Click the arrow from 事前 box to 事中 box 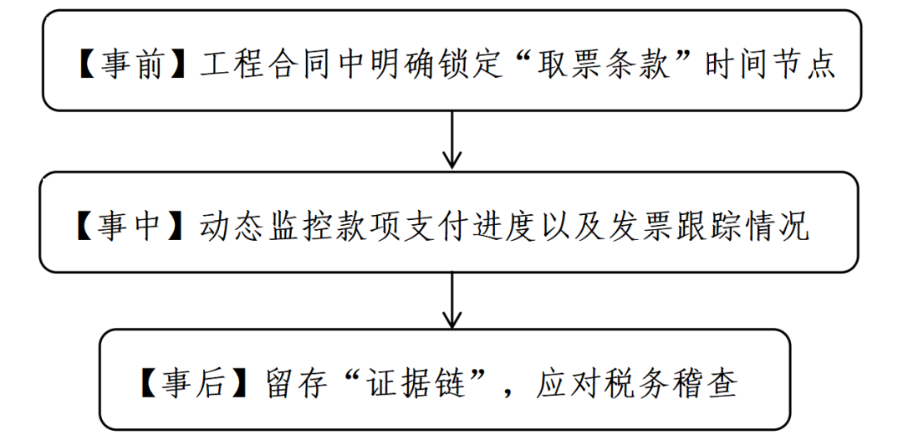(452, 140)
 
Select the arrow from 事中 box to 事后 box (452, 299)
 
